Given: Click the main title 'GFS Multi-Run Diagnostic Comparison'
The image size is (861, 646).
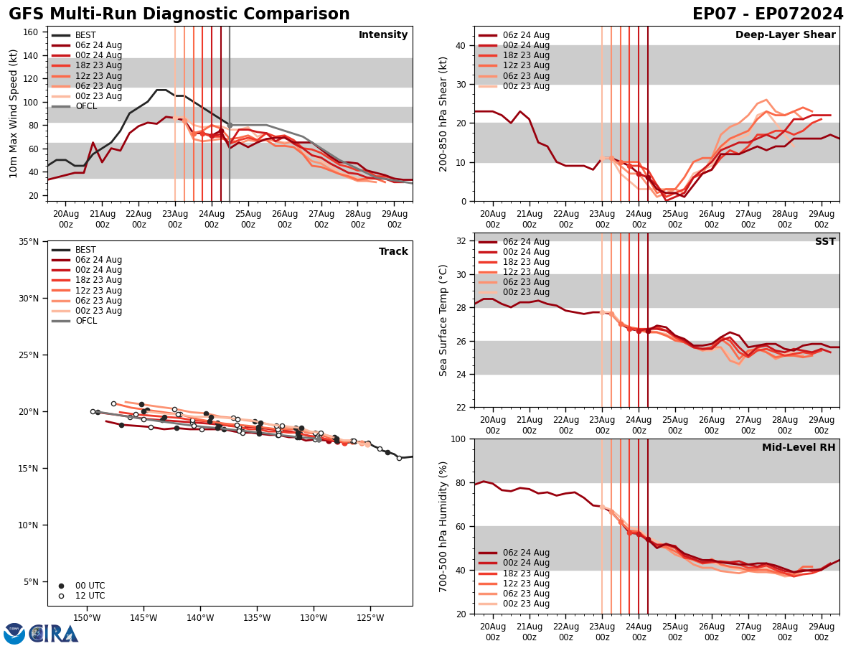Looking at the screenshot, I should tap(179, 14).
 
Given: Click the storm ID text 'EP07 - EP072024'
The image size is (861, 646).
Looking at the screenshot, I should tap(768, 14).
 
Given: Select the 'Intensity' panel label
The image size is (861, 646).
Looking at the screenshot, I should tap(383, 35).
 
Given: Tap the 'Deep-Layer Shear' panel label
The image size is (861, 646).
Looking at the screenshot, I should tap(785, 35).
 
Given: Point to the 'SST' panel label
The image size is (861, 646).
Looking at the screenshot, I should tap(824, 242).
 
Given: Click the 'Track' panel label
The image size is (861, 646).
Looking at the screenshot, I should tap(393, 252).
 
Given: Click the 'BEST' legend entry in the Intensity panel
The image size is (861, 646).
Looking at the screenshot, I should tap(85, 35).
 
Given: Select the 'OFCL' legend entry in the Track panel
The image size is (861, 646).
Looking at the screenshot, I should tap(85, 321).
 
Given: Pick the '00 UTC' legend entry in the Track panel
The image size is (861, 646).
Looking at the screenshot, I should tap(90, 586).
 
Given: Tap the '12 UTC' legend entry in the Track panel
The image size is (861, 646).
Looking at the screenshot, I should tap(90, 596).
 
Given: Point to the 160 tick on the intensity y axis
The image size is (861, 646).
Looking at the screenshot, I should tap(31, 32).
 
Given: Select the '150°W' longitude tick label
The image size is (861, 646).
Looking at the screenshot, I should tap(86, 619).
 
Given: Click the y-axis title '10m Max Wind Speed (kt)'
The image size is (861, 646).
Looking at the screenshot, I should tap(13, 113).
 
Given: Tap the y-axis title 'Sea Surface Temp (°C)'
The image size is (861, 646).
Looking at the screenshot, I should tap(443, 320).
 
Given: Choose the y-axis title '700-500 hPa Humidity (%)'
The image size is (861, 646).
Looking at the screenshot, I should tap(443, 526).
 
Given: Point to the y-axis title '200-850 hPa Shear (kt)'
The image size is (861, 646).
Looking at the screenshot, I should tap(443, 113).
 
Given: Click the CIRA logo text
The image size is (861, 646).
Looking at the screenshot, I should tap(54, 634).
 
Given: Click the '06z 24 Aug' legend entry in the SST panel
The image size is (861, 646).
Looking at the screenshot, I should tap(527, 242).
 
